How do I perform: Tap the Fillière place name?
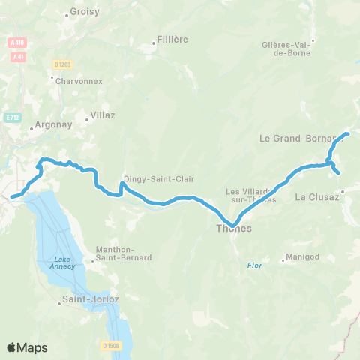point(172,39)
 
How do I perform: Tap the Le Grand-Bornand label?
point(292,139)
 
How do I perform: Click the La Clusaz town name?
point(318,197)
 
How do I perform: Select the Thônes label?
point(233,229)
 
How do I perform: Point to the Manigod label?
point(298,259)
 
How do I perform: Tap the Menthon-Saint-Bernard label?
point(124,253)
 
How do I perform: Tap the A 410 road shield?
point(17,43)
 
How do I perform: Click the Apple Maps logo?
point(27,347)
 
